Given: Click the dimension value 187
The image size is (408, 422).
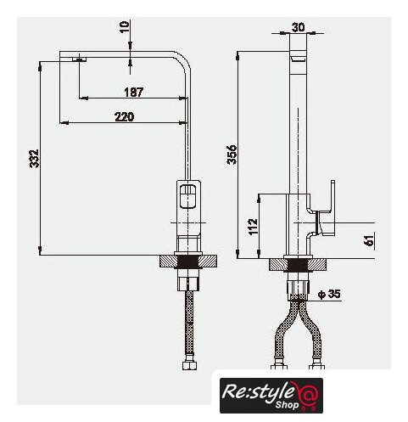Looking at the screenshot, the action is click(x=134, y=92).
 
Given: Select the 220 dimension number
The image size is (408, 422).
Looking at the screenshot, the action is click(x=125, y=116).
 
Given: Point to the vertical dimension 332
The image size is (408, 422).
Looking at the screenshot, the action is click(x=35, y=159).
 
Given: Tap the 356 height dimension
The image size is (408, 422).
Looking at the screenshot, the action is click(x=232, y=155).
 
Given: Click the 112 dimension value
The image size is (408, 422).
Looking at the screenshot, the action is click(x=254, y=227).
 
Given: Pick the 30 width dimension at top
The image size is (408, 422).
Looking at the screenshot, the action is click(x=298, y=27).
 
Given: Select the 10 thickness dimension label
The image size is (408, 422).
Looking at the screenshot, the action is click(x=125, y=27).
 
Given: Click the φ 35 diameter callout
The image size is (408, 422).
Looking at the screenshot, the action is click(x=329, y=294).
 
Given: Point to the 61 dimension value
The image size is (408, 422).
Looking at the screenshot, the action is click(x=369, y=241).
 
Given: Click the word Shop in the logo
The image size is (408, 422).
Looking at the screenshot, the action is click(x=287, y=405).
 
